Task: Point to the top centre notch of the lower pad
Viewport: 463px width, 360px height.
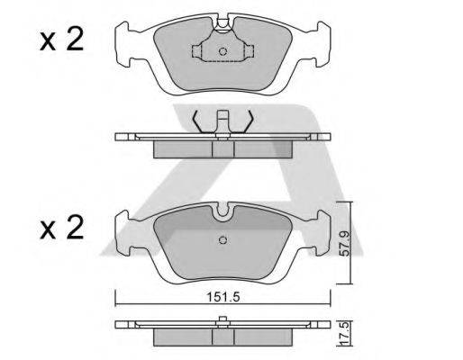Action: point(223,211)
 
